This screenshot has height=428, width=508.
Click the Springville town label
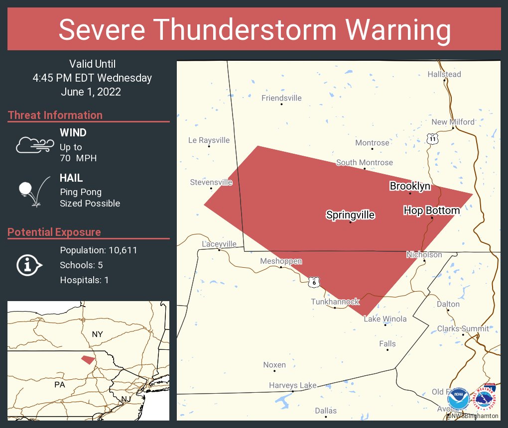tap(350, 215)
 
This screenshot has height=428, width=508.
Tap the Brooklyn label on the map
tap(410, 186)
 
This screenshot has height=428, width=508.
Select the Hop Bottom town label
tap(431, 211)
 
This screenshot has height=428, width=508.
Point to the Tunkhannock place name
tap(335, 302)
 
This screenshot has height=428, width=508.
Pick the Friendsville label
tap(281, 98)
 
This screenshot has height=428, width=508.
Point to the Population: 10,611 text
tap(99, 250)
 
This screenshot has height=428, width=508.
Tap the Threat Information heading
tap(55, 115)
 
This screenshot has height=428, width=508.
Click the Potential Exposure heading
tap(54, 232)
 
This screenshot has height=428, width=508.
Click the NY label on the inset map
tap(97, 334)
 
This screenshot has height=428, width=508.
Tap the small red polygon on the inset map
tap(88, 359)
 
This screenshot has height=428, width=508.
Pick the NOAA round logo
tap(458, 399)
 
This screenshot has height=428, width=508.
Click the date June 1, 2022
tap(91, 92)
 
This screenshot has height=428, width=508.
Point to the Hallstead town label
tap(444, 74)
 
